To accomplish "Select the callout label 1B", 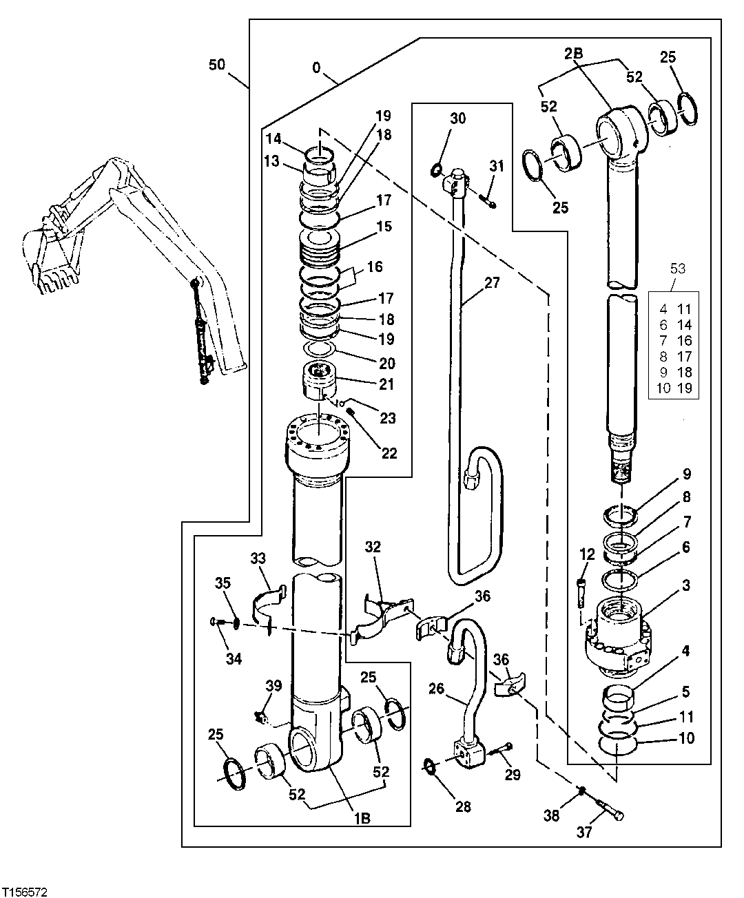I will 362,818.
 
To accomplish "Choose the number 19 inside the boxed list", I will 686,388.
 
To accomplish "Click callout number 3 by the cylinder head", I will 686,586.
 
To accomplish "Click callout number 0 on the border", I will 316,68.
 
